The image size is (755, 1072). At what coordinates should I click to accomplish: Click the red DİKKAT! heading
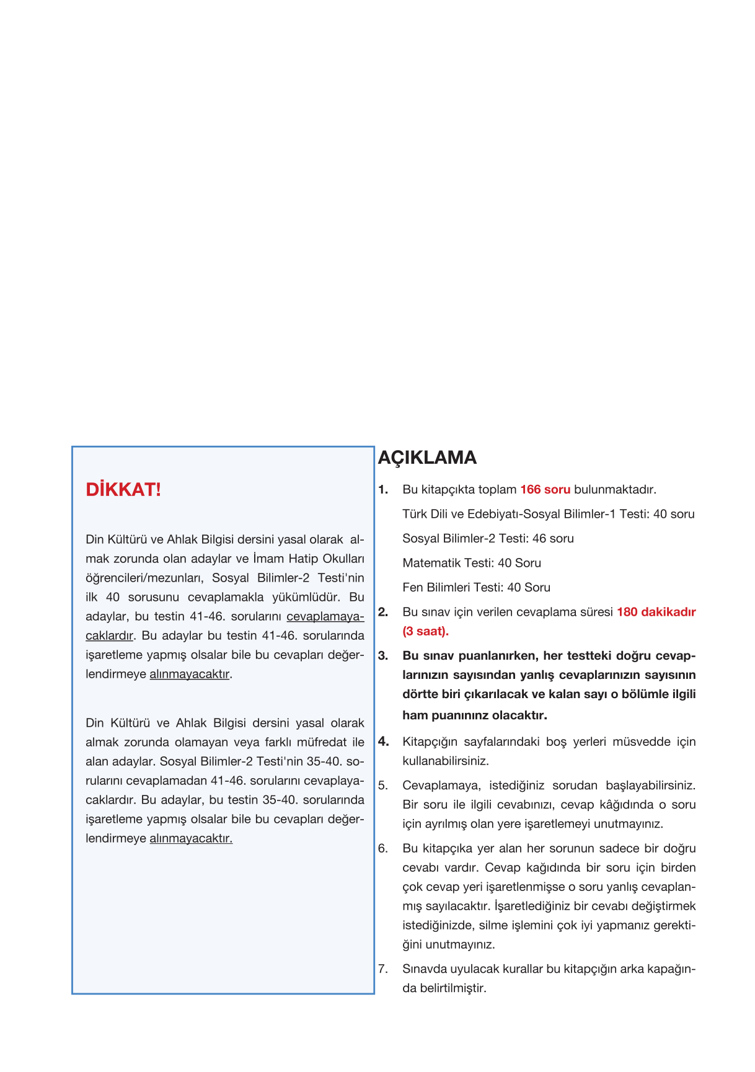coord(123,490)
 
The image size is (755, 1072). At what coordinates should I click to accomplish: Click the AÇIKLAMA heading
coord(427,458)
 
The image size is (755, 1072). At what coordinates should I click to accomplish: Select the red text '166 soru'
coord(545,490)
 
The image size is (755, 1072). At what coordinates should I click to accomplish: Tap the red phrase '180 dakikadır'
coord(656,612)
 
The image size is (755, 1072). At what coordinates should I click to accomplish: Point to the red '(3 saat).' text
coord(425,631)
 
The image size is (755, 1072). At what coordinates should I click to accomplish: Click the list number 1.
coord(383,490)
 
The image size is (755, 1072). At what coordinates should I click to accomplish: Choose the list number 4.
coord(383,742)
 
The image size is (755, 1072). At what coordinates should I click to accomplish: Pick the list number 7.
coord(383,969)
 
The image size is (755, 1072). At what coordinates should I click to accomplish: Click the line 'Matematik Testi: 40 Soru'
coord(472,563)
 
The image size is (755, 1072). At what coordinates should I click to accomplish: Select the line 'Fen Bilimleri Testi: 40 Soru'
coord(476,587)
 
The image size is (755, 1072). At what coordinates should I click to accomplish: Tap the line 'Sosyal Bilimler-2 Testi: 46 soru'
coord(488,538)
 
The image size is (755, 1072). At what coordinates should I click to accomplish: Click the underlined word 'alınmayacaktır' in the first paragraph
coord(190,674)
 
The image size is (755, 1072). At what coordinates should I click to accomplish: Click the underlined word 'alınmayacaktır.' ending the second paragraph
coord(191,839)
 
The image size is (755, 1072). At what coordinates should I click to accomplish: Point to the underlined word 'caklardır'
coord(109,636)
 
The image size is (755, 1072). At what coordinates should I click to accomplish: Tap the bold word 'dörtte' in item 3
coord(420,694)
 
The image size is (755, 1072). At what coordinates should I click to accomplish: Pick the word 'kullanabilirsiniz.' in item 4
coord(445,761)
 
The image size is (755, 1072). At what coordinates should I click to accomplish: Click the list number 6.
coord(383,848)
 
